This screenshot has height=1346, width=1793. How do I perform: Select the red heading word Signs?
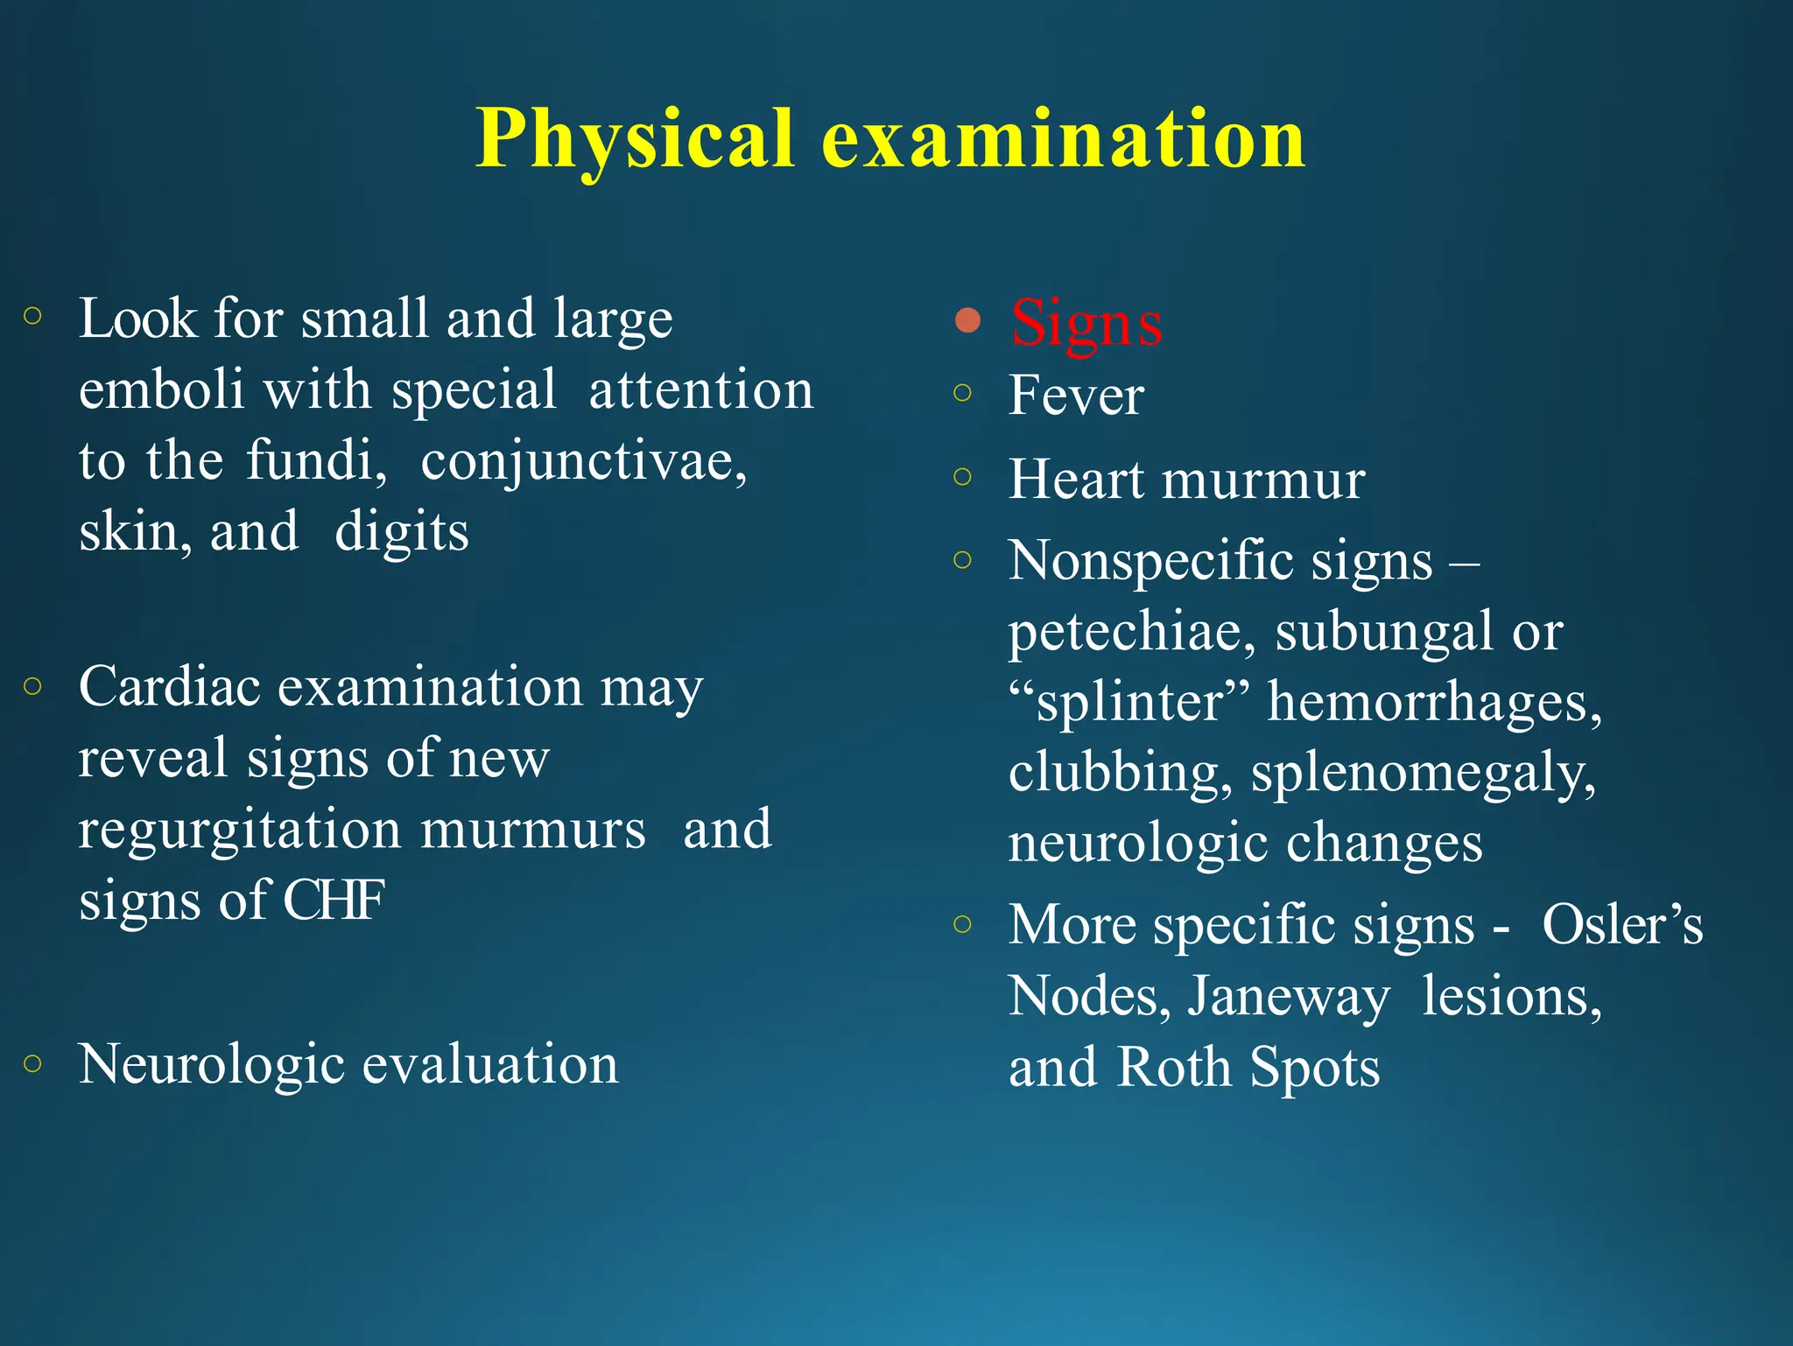pos(1086,322)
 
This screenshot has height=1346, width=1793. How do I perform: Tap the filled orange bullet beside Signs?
pos(967,320)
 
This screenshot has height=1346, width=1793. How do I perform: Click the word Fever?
pos(1076,396)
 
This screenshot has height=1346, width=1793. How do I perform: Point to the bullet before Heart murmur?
pos(963,477)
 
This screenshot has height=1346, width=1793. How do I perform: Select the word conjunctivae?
pos(583,460)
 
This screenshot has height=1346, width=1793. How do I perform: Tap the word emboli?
pos(161,389)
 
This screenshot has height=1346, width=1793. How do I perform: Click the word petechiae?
pos(1131,632)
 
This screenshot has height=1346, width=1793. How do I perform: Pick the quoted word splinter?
pos(1129,702)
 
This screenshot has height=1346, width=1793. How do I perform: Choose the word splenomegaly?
pos(1423,774)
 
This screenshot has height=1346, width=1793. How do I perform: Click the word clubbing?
pos(1119,773)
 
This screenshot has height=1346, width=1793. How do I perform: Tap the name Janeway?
pos(1287,997)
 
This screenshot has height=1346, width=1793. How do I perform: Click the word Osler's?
pos(1622,925)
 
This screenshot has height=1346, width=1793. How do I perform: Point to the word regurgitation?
pos(239,831)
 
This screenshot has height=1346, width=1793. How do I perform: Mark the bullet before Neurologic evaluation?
pos(33,1063)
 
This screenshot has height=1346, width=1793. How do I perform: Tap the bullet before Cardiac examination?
pos(33,686)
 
